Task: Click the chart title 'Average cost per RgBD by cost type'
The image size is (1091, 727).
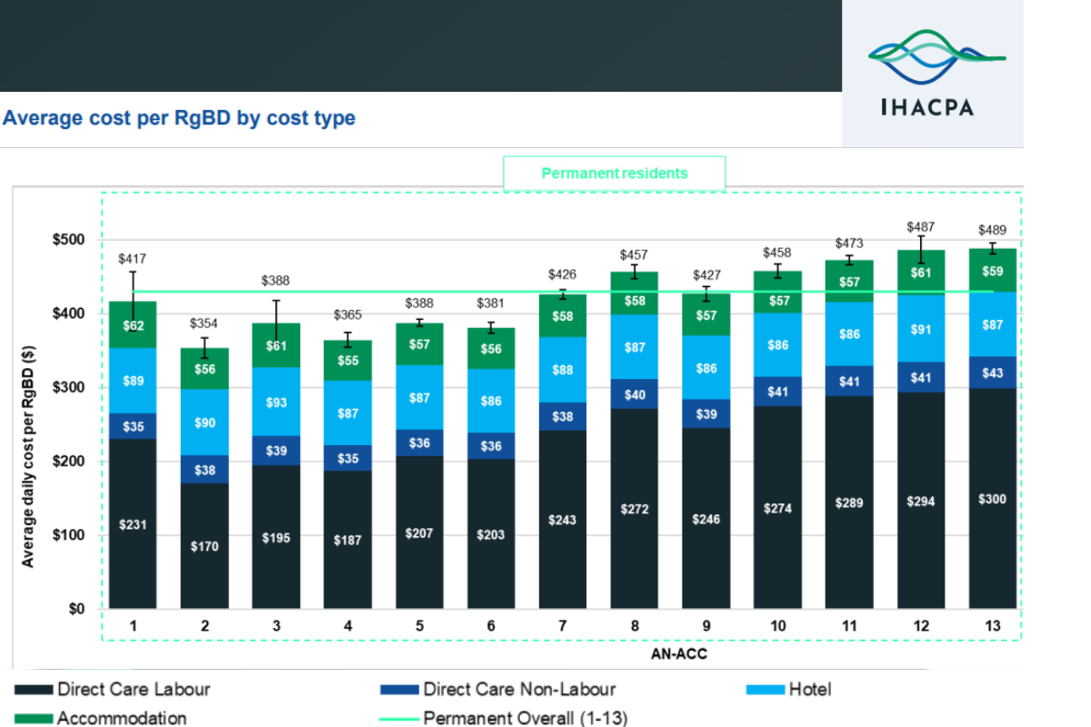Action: [x=179, y=118]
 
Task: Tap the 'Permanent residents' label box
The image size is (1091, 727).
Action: [x=615, y=173]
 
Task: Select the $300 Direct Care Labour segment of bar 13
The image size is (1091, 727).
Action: [x=992, y=499]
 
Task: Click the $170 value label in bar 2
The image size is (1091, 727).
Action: [x=205, y=546]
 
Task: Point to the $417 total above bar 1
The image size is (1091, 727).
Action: [x=133, y=259]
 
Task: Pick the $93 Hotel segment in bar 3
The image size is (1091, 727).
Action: [x=276, y=401]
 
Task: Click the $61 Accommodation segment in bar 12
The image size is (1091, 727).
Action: [x=920, y=274]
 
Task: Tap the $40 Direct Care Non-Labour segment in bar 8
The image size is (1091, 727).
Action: [x=634, y=394]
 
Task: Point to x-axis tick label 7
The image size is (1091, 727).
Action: [x=562, y=626]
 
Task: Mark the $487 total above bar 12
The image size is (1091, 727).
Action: [x=920, y=226]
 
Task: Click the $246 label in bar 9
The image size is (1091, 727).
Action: [x=706, y=520]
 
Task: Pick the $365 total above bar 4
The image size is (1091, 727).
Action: [x=347, y=314]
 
